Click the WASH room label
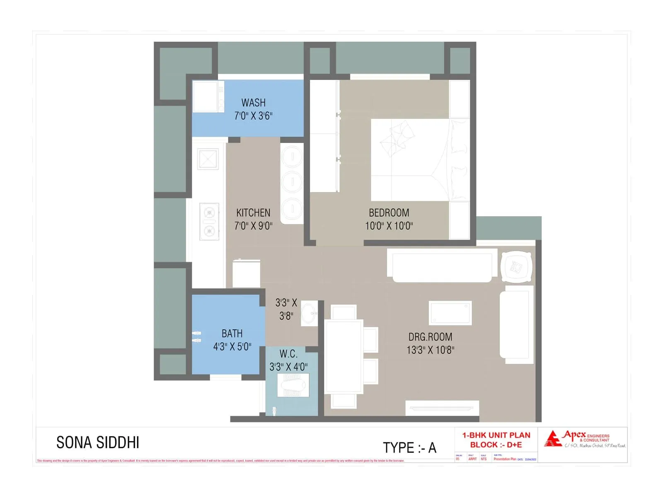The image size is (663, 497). tap(253, 102)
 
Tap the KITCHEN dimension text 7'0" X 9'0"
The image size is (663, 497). tap(253, 226)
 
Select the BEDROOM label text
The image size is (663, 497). tap(389, 212)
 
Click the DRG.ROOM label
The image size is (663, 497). tap(430, 337)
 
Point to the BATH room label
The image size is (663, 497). tap(232, 333)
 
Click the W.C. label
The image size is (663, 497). tap(288, 354)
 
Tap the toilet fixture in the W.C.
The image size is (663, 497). tap(293, 385)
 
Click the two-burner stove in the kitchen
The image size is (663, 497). tap(209, 222)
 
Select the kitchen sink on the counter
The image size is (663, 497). tap(208, 159)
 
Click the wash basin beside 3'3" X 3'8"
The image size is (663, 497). tap(308, 313)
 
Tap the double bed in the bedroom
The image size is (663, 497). tap(419, 160)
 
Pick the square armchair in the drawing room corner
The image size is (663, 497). tap(516, 267)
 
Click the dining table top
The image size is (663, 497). tap(344, 356)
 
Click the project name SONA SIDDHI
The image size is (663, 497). tap(98, 443)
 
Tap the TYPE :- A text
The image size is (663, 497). tap(409, 448)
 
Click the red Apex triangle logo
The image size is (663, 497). tap(552, 439)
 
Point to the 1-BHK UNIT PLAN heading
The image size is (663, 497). tap(496, 435)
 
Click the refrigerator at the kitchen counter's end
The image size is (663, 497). tap(246, 274)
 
